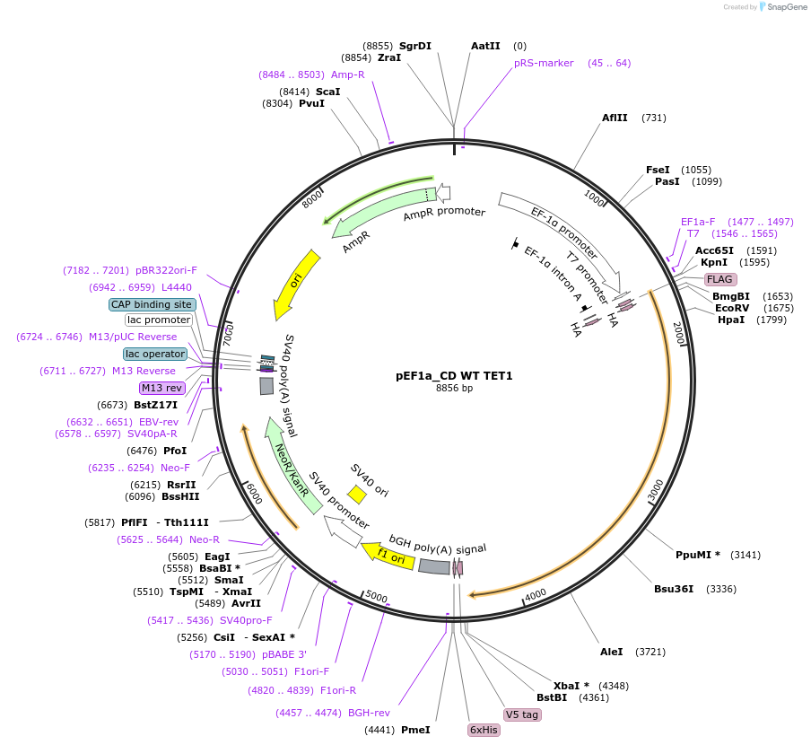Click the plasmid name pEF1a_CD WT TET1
click(x=454, y=375)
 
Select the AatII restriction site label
click(x=485, y=46)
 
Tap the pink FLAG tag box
click(x=719, y=279)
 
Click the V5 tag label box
click(x=522, y=714)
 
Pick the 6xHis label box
click(x=484, y=730)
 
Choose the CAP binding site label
click(x=152, y=304)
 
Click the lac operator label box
click(x=155, y=354)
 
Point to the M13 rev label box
click(x=161, y=388)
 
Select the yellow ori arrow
click(x=296, y=284)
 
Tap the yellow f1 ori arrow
click(x=387, y=555)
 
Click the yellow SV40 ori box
click(x=357, y=494)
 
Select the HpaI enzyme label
click(x=731, y=320)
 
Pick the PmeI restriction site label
click(x=415, y=730)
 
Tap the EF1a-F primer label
click(x=698, y=222)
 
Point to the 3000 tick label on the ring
click(x=656, y=489)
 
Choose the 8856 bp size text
click(x=454, y=389)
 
